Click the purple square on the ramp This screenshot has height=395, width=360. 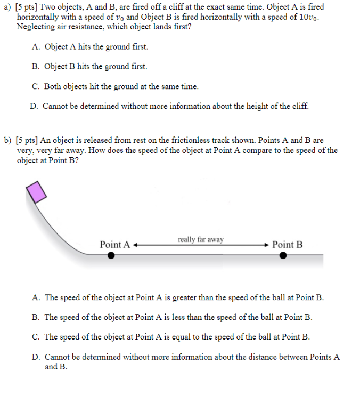[36, 192]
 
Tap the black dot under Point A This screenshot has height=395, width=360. [110, 255]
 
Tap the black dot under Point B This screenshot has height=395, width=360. [283, 255]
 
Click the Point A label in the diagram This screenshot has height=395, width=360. [115, 245]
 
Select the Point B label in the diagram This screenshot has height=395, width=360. [287, 245]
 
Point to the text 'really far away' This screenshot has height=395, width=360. [201, 239]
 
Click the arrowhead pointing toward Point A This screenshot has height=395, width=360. [136, 245]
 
